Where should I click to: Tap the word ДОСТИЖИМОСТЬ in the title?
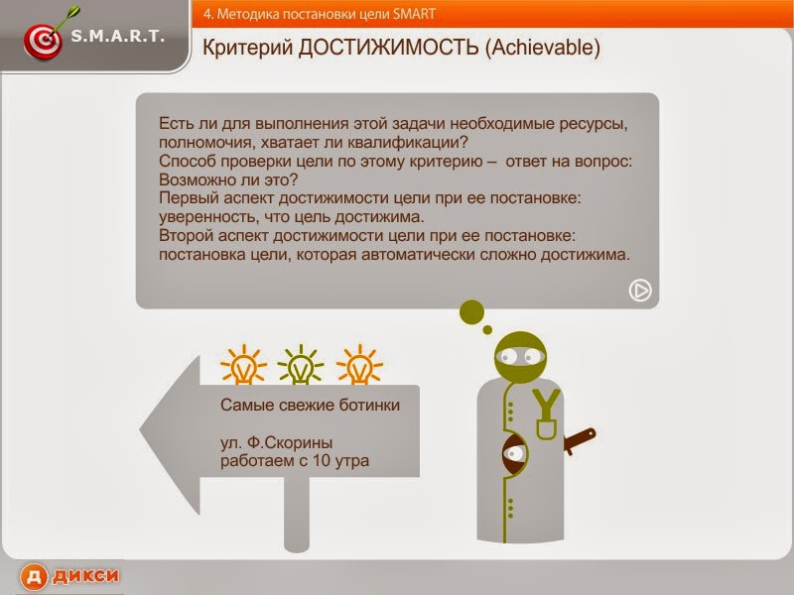(388, 48)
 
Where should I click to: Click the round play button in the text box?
(640, 290)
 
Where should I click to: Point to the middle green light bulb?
(300, 366)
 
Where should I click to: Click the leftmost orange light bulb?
(241, 366)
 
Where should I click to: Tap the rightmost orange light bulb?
(359, 366)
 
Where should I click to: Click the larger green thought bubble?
(471, 311)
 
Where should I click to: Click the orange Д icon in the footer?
(34, 576)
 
